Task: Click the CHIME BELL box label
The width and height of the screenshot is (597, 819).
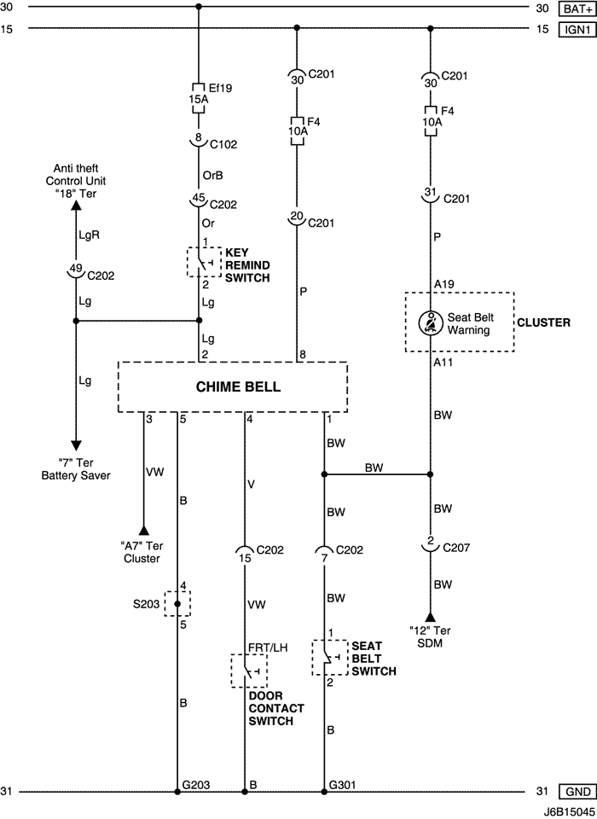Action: (238, 386)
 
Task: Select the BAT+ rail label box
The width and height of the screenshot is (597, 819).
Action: (577, 9)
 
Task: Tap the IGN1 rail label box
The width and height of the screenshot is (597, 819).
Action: (577, 29)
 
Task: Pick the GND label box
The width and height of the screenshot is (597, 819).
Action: (577, 792)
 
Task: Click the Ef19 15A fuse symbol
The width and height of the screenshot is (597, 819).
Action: (199, 98)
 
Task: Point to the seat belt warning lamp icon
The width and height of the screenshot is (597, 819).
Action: (431, 323)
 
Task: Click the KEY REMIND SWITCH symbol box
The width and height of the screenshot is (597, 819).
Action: (204, 262)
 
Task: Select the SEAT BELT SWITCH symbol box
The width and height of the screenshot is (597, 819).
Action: (329, 657)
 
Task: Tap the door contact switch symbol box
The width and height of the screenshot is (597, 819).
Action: (249, 671)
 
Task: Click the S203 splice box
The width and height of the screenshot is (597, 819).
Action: (177, 604)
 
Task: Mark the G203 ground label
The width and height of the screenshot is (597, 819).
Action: (196, 785)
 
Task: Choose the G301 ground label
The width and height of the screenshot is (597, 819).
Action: (343, 785)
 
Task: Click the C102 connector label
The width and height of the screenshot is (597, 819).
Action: (223, 144)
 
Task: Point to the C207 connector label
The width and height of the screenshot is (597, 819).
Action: (456, 548)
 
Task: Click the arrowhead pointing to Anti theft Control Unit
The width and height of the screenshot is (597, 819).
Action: (76, 205)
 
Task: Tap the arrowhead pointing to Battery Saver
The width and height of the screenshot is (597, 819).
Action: (76, 445)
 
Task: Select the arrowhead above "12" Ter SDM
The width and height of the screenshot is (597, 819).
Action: (431, 617)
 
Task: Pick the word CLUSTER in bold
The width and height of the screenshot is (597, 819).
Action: (544, 322)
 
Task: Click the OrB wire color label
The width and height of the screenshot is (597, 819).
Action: (213, 175)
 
